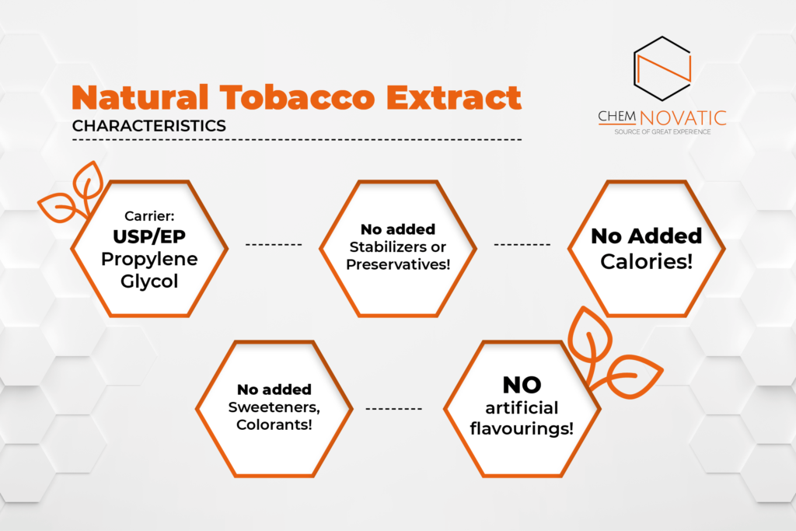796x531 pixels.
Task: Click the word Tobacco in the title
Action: click(298, 97)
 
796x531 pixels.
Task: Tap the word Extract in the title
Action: click(454, 97)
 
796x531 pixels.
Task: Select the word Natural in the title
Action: click(140, 97)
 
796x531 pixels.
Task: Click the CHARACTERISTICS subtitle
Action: click(148, 126)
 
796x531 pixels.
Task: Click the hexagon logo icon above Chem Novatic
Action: click(662, 68)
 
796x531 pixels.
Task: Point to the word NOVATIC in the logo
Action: click(683, 117)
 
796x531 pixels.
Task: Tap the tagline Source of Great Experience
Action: click(662, 132)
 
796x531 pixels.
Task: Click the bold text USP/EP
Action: click(149, 236)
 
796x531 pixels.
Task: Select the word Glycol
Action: click(149, 281)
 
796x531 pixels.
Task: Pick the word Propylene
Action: click(149, 260)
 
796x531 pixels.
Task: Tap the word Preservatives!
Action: click(398, 264)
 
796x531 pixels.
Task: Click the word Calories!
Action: click(646, 261)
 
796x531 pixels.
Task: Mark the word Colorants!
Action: click(274, 424)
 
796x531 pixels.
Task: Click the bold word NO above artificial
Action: click(522, 385)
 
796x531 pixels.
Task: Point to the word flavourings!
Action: click(522, 428)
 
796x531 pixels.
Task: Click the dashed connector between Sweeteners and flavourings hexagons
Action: click(394, 409)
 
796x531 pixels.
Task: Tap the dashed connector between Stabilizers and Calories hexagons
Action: click(522, 245)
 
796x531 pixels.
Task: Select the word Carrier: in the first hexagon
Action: click(149, 216)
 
